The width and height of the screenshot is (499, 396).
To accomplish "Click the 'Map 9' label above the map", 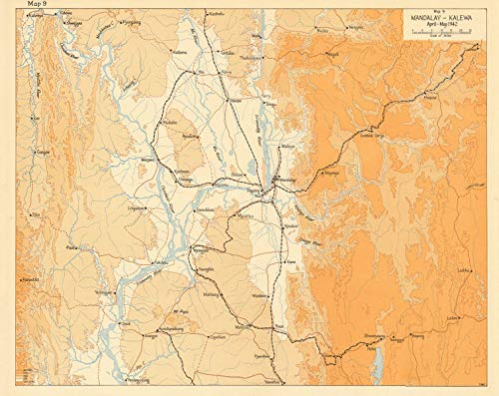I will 20,8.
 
